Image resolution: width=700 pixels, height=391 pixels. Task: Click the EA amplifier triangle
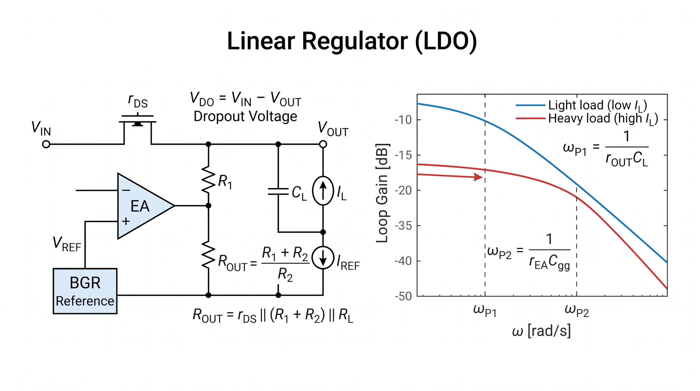point(142,206)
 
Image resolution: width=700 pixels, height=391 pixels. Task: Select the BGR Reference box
point(85,291)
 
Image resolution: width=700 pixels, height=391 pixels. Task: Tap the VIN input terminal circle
point(46,144)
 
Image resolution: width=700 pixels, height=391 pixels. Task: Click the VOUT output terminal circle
point(323,144)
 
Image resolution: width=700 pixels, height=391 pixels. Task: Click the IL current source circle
point(323,191)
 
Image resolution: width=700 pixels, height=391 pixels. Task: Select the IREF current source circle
point(323,258)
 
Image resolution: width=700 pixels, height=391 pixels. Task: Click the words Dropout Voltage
point(245,117)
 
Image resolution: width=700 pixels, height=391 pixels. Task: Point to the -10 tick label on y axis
point(403,120)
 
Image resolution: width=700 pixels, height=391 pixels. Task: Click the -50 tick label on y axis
point(403,296)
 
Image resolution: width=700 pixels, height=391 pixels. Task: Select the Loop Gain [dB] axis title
point(382,193)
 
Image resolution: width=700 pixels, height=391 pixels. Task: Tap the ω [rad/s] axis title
point(541,331)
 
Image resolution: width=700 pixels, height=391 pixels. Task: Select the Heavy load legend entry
point(587,119)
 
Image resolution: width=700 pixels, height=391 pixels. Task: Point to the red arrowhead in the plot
point(478,177)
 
